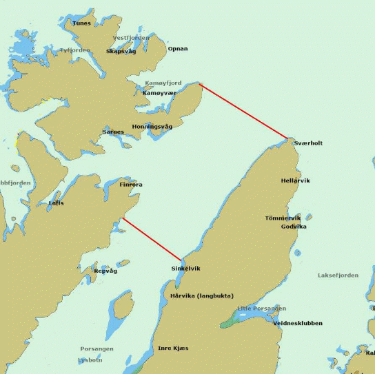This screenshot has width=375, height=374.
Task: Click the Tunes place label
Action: point(81,23)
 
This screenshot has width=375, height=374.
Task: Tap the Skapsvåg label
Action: point(121,51)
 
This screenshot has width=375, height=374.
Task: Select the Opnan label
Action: point(177,49)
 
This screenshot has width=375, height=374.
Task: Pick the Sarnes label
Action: point(113,132)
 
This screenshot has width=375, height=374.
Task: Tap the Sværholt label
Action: point(307,143)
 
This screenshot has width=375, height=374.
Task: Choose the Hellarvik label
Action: point(296,180)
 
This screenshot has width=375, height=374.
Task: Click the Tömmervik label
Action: point(283,218)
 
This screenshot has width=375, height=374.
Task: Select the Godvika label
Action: point(294,226)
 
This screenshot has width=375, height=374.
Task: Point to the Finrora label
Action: point(131,185)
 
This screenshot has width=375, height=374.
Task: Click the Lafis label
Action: point(57,203)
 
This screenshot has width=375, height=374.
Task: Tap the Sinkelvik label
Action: point(185,269)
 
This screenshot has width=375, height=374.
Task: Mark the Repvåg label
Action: point(105,271)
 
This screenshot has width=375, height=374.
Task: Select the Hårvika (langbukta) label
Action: point(201,295)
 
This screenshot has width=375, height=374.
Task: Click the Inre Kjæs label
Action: point(173,348)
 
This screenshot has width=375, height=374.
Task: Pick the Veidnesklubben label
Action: point(298,323)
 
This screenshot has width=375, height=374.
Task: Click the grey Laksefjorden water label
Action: point(338,276)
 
